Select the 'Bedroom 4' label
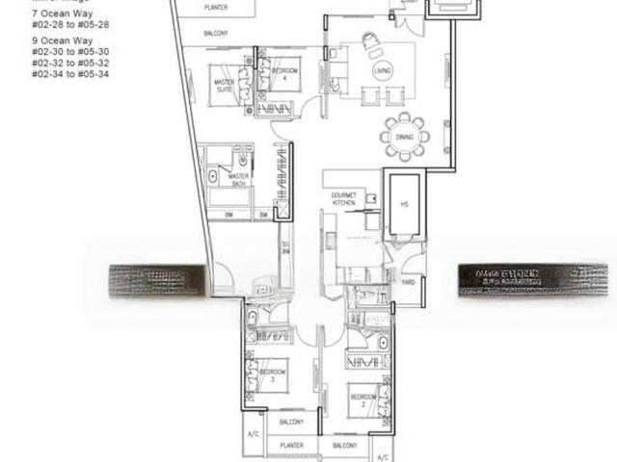click(284, 72)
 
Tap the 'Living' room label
click(383, 70)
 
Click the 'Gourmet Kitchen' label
click(343, 198)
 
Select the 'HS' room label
click(405, 203)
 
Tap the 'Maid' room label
click(407, 281)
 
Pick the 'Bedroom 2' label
click(363, 397)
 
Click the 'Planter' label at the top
click(216, 8)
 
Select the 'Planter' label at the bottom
click(291, 446)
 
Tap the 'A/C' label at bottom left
click(253, 434)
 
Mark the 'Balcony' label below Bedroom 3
click(291, 422)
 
